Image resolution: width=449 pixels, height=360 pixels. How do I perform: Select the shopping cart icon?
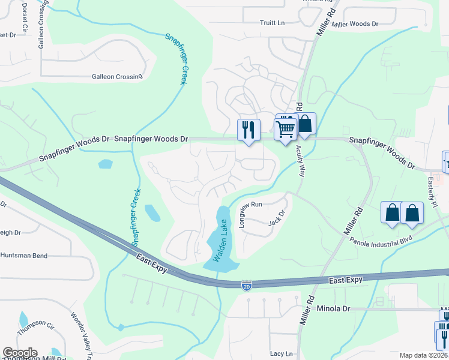(x=285, y=128)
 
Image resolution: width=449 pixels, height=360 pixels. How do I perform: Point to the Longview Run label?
(x=252, y=214)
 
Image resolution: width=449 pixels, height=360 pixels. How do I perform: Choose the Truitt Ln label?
(x=272, y=23)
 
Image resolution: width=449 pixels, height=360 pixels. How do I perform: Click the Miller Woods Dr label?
(x=355, y=24)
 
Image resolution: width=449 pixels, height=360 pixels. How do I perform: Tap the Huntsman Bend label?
(x=24, y=256)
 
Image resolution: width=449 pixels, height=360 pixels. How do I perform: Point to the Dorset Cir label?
(x=25, y=11)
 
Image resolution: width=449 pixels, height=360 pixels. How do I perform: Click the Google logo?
(x=20, y=353)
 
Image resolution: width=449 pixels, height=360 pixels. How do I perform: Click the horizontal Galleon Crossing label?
(x=117, y=77)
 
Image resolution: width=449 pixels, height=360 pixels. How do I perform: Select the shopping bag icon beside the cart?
(x=305, y=124)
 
